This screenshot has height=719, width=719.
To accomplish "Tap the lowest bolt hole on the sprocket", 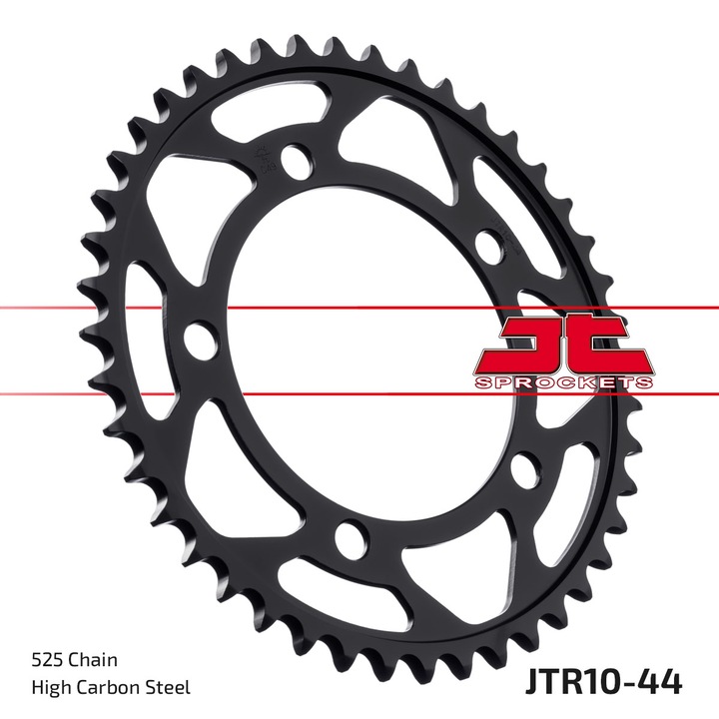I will pos(350,539).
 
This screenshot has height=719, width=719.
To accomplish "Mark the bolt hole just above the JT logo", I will pos(487,245).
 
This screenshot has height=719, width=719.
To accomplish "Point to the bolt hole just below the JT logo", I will pos(521,470).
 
